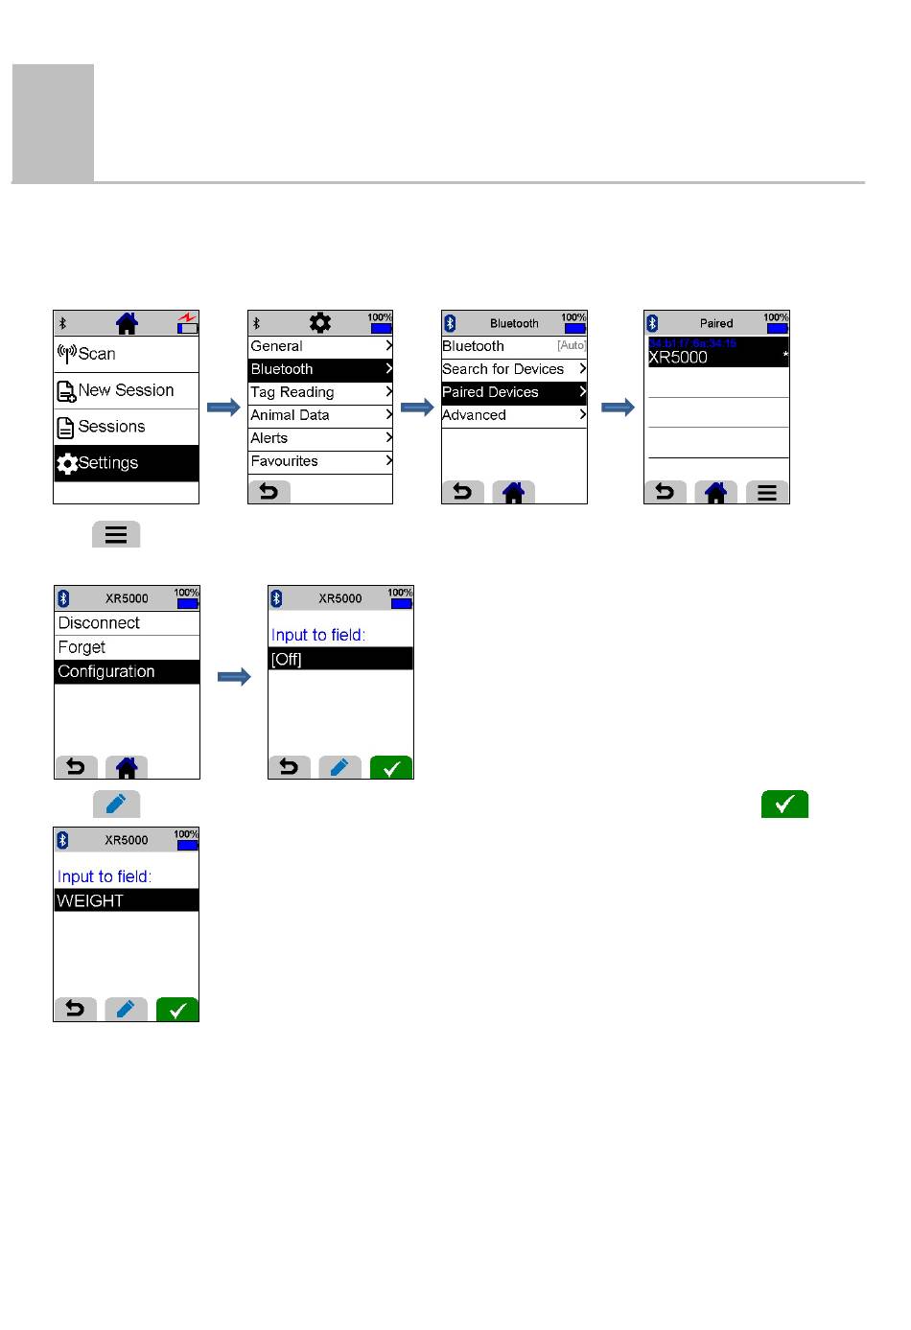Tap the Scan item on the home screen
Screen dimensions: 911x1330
coord(126,354)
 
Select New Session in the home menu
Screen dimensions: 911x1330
coord(126,390)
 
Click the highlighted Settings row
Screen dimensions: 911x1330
coord(126,463)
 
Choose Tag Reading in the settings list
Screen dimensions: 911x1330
coord(320,392)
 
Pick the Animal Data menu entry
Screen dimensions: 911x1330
coord(320,415)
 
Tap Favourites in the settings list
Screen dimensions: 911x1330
coord(320,461)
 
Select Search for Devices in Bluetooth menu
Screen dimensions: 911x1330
coord(514,369)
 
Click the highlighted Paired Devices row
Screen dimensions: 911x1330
coord(514,392)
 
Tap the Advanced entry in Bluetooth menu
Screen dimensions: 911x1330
coord(514,415)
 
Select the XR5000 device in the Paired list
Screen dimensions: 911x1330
coord(717,353)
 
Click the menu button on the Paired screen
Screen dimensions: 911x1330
coord(767,493)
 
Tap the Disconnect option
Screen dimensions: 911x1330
coord(127,623)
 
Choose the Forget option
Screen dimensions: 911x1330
coord(127,647)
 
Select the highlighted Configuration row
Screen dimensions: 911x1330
coord(127,672)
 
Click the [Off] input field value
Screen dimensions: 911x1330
coord(340,659)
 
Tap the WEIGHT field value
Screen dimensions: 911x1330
coord(127,900)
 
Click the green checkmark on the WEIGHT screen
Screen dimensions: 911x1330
coord(177,1010)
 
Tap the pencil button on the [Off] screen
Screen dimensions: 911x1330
coord(339,768)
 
